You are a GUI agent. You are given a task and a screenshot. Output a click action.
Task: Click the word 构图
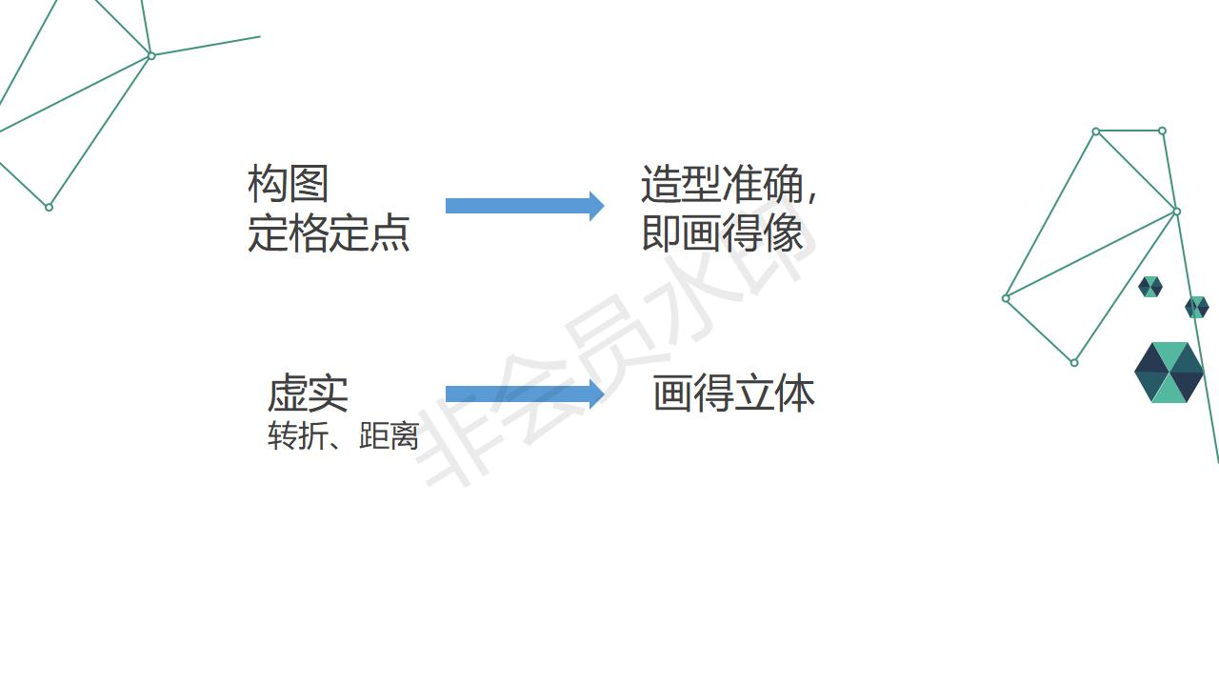coord(288,183)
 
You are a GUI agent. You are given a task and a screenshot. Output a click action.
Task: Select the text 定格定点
coord(329,233)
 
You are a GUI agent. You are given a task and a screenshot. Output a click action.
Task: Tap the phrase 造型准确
coord(722,183)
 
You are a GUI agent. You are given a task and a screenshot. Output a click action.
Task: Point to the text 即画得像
coord(722,233)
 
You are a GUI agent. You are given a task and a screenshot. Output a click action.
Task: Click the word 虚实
coord(308,393)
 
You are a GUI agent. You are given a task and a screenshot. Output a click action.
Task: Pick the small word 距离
coord(389,436)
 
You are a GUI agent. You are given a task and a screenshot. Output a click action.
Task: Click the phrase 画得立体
coord(733,393)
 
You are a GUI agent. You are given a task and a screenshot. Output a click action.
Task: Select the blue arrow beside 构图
coord(524,206)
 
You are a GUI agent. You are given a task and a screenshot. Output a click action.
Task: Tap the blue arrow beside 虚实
coord(524,393)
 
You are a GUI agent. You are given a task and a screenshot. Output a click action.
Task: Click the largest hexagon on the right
coord(1169,373)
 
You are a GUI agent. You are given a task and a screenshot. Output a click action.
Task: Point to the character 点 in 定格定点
coord(390,233)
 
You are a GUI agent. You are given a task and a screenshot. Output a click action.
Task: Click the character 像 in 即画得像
coord(784,233)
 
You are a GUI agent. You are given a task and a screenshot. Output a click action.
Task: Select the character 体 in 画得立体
coord(795,393)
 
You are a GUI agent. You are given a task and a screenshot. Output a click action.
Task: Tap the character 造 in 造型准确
coord(660,183)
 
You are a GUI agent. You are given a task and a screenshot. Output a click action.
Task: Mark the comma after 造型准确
coord(811,196)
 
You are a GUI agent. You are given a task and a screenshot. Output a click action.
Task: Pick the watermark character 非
coord(457,438)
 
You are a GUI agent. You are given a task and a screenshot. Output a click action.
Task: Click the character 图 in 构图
coord(309,183)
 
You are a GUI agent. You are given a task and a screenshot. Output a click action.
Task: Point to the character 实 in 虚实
coord(329,393)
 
